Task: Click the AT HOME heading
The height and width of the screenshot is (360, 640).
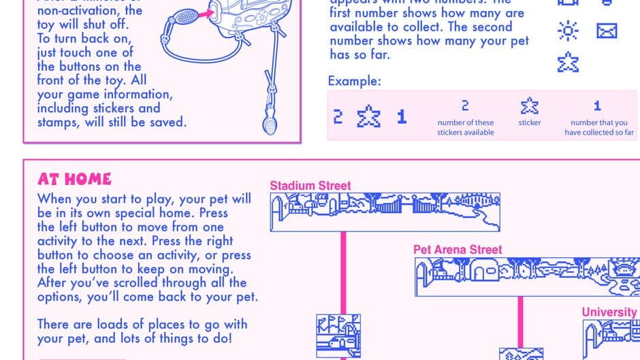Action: pos(74,179)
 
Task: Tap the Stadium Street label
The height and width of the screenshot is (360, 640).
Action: pos(310,185)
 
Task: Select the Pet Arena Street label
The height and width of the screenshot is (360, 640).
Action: pos(458,250)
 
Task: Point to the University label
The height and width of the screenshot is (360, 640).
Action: pos(609,312)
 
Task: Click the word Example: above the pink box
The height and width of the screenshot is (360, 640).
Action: pos(354,82)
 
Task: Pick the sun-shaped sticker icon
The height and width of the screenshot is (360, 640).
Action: pos(567,31)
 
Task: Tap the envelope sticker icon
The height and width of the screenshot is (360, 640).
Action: pos(606,31)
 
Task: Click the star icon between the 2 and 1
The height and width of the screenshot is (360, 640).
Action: pos(368,116)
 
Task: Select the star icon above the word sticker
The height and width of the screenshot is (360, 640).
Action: pos(530,106)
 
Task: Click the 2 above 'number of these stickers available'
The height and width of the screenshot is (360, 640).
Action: pos(465,106)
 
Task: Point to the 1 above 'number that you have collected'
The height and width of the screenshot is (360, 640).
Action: pos(597,106)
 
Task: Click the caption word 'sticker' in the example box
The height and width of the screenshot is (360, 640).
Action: pos(530,122)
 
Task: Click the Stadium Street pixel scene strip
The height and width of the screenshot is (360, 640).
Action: pos(385,212)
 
